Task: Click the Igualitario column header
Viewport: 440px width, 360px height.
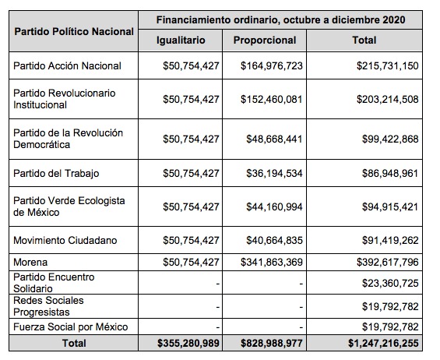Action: click(181, 41)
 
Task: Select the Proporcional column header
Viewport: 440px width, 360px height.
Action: click(265, 41)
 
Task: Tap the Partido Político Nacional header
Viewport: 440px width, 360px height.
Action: click(74, 31)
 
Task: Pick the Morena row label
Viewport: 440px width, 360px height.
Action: click(30, 263)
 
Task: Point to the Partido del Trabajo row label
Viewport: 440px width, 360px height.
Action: click(56, 173)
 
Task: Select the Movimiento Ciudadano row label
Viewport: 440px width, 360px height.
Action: click(65, 240)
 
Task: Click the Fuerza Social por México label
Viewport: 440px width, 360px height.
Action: click(70, 326)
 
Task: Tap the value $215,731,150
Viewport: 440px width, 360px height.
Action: click(388, 65)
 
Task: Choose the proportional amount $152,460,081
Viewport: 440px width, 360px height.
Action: click(272, 100)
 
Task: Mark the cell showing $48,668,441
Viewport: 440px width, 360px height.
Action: click(274, 139)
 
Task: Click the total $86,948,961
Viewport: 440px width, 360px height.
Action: click(390, 173)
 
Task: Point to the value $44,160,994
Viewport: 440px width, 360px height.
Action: click(274, 207)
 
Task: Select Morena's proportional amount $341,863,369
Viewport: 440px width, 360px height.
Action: click(272, 263)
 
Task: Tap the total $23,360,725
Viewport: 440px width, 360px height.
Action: click(390, 283)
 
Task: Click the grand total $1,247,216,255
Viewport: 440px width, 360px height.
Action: click(383, 343)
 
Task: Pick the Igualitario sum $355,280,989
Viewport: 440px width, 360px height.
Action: click(188, 343)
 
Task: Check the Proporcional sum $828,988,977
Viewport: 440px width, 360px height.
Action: click(272, 343)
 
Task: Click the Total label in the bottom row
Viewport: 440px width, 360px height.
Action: click(74, 343)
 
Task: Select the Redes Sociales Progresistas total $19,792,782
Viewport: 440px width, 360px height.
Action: click(390, 306)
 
